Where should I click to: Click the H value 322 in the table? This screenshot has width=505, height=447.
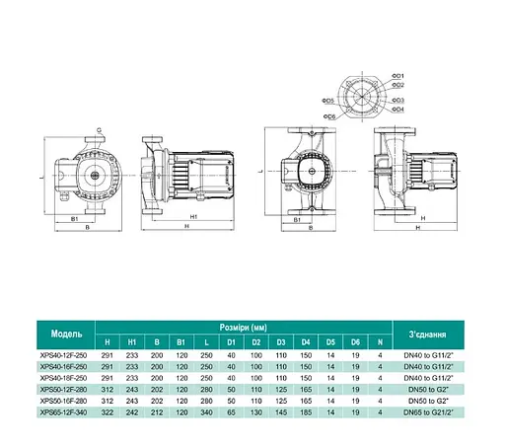tap(134, 412)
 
